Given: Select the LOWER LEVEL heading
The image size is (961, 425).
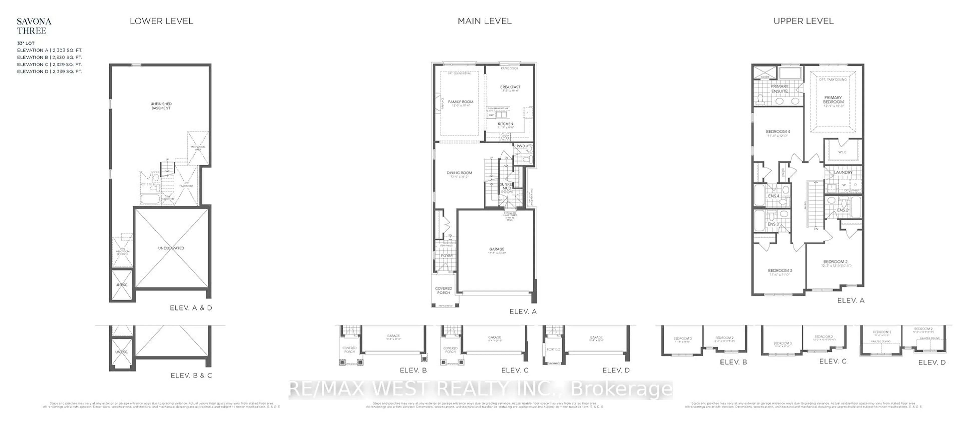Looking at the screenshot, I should pyautogui.click(x=161, y=21).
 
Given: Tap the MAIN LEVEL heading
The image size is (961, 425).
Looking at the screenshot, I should pyautogui.click(x=484, y=21).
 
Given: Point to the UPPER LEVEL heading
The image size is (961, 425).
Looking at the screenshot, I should pyautogui.click(x=803, y=21).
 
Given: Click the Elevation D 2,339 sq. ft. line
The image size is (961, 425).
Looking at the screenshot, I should pyautogui.click(x=49, y=71).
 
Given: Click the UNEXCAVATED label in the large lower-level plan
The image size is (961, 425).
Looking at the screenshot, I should pyautogui.click(x=171, y=248).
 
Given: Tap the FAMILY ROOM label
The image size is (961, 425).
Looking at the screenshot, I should pyautogui.click(x=460, y=102).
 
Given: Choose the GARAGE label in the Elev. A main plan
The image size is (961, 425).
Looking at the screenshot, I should pyautogui.click(x=497, y=249).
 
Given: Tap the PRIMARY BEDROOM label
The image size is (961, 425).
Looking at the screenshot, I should pyautogui.click(x=833, y=99).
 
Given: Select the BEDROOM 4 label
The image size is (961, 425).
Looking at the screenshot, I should pyautogui.click(x=778, y=131).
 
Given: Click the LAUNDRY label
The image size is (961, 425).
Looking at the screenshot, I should pyautogui.click(x=843, y=172).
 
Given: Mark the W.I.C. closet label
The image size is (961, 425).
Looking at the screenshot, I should pyautogui.click(x=842, y=152).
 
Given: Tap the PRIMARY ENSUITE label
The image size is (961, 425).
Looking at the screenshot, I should pyautogui.click(x=779, y=89).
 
